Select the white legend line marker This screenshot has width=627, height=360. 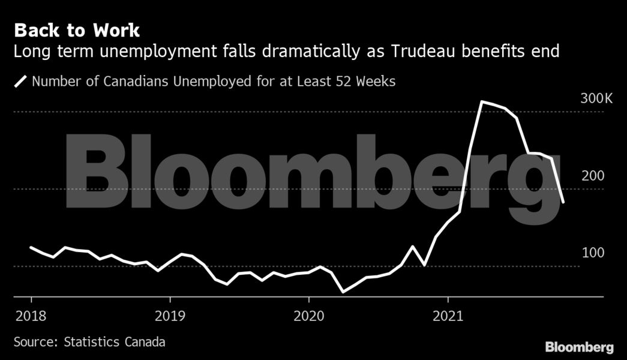coord(21,81)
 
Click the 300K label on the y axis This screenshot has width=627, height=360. coord(596,98)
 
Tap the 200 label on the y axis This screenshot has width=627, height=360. coord(592,176)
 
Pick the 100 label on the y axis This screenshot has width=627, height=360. coord(592,253)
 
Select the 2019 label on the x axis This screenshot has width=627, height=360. coord(170,316)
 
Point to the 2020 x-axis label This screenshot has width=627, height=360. coord(308,316)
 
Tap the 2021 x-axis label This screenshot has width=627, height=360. coord(448,316)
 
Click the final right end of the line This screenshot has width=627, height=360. coord(563,202)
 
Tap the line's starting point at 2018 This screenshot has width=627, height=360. coord(31,247)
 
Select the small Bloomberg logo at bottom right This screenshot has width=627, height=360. coord(579,347)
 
